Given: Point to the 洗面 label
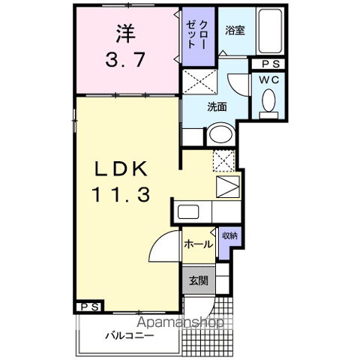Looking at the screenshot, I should pyautogui.click(x=217, y=106).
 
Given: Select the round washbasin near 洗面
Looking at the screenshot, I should pyautogui.click(x=220, y=135).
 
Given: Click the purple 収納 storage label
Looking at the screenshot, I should pyautogui.click(x=229, y=236).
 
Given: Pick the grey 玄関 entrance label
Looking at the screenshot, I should pyautogui.click(x=197, y=281).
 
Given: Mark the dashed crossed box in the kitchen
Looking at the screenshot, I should pyautogui.click(x=223, y=160).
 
